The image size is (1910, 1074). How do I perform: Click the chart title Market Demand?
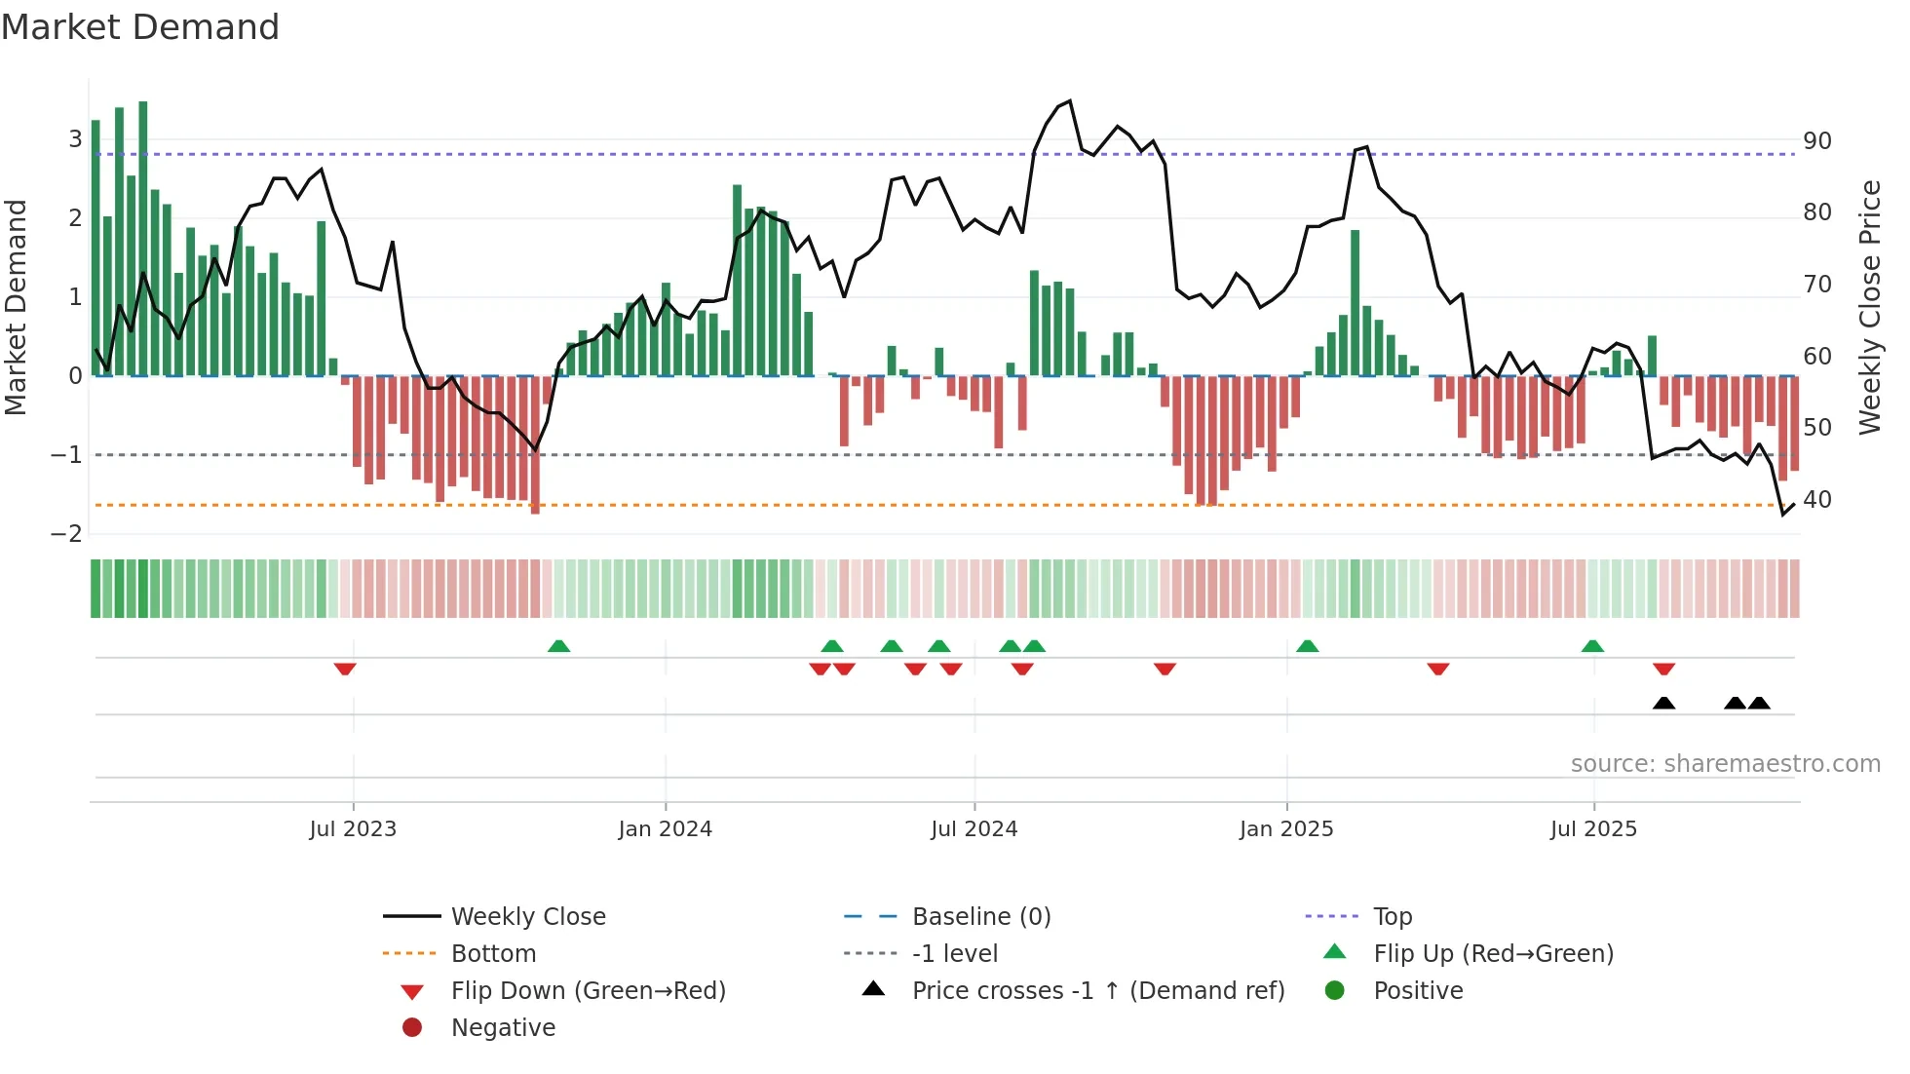click(x=140, y=27)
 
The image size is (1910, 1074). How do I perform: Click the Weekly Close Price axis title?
click(x=1869, y=307)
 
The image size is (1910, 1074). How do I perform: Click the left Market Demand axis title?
click(x=16, y=307)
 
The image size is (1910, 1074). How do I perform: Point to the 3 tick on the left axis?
click(x=75, y=139)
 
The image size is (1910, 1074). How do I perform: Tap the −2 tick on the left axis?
click(x=67, y=534)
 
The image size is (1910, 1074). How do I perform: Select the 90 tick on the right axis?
click(x=1816, y=141)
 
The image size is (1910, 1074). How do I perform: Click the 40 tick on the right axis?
click(x=1816, y=500)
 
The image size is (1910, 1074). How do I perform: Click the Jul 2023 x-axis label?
click(x=353, y=829)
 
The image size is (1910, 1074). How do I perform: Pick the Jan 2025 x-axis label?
click(x=1286, y=829)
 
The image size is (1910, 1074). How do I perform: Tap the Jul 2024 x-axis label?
click(x=974, y=829)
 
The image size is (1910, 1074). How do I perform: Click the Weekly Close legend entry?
click(x=527, y=917)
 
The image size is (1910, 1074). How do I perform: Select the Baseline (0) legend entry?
click(x=980, y=917)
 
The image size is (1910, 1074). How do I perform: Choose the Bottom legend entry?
click(x=493, y=954)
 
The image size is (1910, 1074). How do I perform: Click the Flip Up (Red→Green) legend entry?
click(x=1493, y=954)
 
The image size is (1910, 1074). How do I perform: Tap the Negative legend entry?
click(x=503, y=1028)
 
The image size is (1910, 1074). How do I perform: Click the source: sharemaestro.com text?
click(x=1725, y=764)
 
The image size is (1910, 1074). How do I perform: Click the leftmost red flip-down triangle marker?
click(x=345, y=669)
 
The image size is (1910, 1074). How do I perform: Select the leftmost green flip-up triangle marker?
click(x=558, y=646)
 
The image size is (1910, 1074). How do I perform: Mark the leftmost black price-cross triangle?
click(x=1663, y=703)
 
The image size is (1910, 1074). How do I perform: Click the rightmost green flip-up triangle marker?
click(x=1592, y=646)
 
